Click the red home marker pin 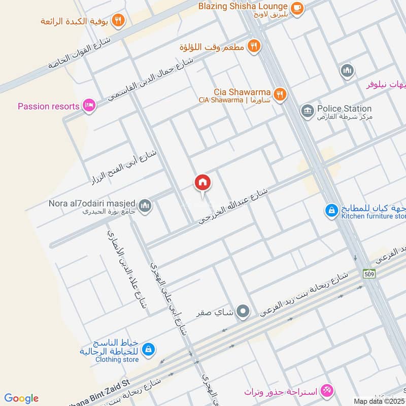tap(202, 183)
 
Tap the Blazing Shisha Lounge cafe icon tap(297, 7)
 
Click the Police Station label tap(344, 109)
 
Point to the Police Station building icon tap(307, 110)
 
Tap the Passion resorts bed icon tap(89, 106)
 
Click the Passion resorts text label tap(49, 107)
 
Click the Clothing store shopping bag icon tap(148, 349)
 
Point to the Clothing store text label tap(116, 360)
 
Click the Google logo tap(21, 398)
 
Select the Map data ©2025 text tap(380, 401)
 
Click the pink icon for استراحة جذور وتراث tap(328, 390)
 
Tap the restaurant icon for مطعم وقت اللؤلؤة tap(254, 46)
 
